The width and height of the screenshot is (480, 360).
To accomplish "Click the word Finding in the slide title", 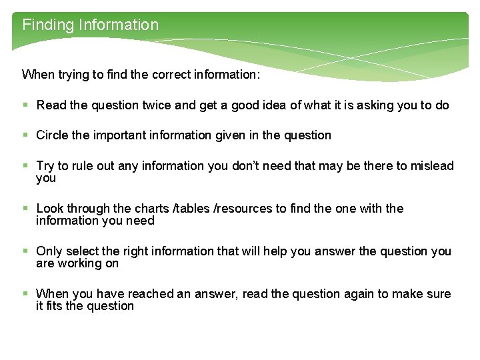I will coord(47,25).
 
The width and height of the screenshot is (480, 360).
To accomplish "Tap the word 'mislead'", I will coord(431,166).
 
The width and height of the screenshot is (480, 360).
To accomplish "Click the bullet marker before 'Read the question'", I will coord(25,105).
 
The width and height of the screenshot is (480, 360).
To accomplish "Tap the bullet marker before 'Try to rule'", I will coord(25,166).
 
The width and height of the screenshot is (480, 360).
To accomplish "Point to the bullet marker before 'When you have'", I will coord(25,294).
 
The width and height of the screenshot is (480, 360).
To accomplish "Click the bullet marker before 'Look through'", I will coord(25,209).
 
